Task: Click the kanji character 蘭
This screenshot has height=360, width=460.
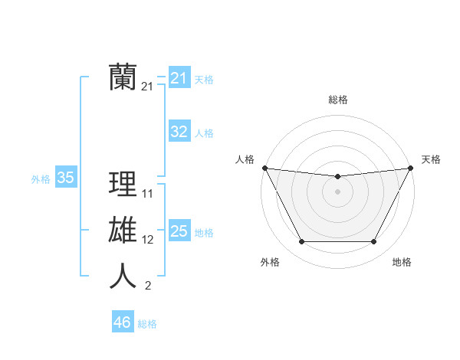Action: coord(123,77)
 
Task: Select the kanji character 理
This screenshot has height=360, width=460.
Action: coord(123,185)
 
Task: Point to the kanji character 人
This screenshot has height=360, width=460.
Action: coord(123,276)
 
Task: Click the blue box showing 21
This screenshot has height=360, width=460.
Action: coord(179,77)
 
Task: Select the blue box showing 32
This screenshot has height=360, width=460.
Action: coord(179,132)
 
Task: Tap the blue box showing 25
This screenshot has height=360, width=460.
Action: coord(179,231)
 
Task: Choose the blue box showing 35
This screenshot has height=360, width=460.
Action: coord(65,178)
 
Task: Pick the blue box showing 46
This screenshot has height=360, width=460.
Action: coord(122,322)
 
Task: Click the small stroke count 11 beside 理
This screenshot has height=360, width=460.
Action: coord(148,194)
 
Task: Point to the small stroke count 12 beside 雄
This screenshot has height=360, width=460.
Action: coord(148,240)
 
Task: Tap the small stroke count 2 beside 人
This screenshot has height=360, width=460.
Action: coord(147,286)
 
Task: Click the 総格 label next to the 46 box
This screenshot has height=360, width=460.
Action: coord(147,324)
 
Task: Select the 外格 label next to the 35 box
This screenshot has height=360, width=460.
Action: coord(41,179)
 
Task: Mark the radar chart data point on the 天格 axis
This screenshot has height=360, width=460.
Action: coord(411,168)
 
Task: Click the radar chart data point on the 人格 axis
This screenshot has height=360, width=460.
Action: coord(264,168)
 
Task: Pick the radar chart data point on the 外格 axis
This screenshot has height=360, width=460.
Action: coord(301,242)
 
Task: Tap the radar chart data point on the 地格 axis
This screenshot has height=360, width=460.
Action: coord(374,242)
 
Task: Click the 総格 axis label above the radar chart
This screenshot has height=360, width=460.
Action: coord(337,100)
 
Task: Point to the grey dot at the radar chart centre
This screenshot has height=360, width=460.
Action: coord(337,191)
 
